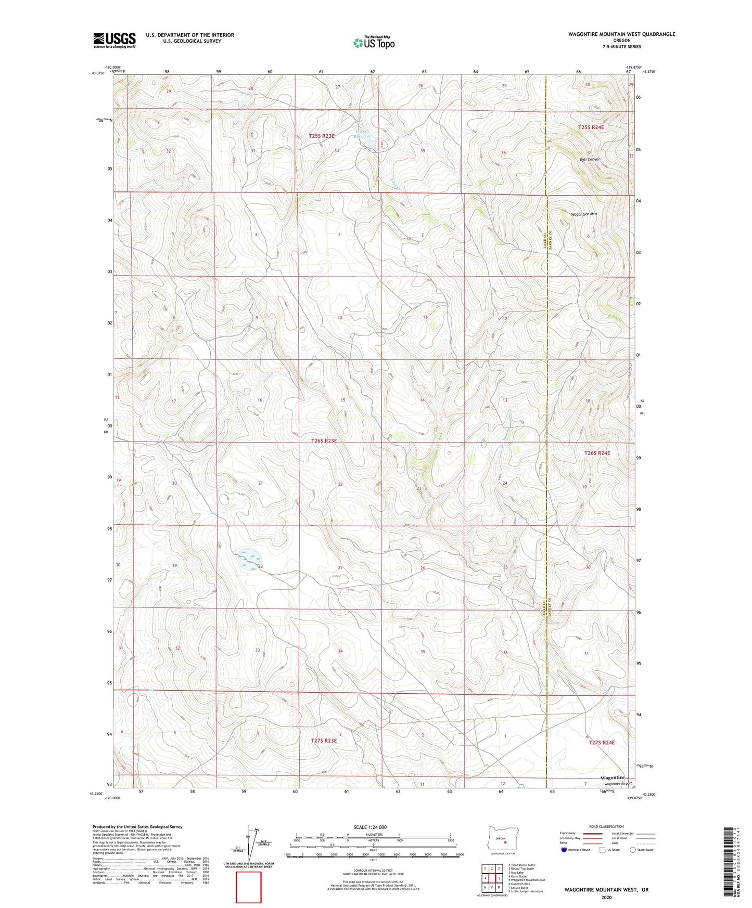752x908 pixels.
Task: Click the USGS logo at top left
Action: coord(114,40)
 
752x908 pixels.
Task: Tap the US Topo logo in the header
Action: coord(373,43)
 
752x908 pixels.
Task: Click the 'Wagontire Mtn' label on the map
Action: coord(584,214)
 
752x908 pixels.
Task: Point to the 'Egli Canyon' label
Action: coord(590,160)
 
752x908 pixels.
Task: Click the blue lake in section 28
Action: coord(249,559)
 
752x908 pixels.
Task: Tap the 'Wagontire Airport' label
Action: coord(618,784)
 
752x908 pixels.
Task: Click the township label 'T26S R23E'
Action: coord(324,440)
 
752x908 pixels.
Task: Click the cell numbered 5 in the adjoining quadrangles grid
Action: coord(498,878)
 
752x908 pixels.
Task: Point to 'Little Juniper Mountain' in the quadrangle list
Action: coord(525,891)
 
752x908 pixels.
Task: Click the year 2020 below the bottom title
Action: coord(606,897)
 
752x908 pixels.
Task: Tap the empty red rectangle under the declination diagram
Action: coord(249,887)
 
